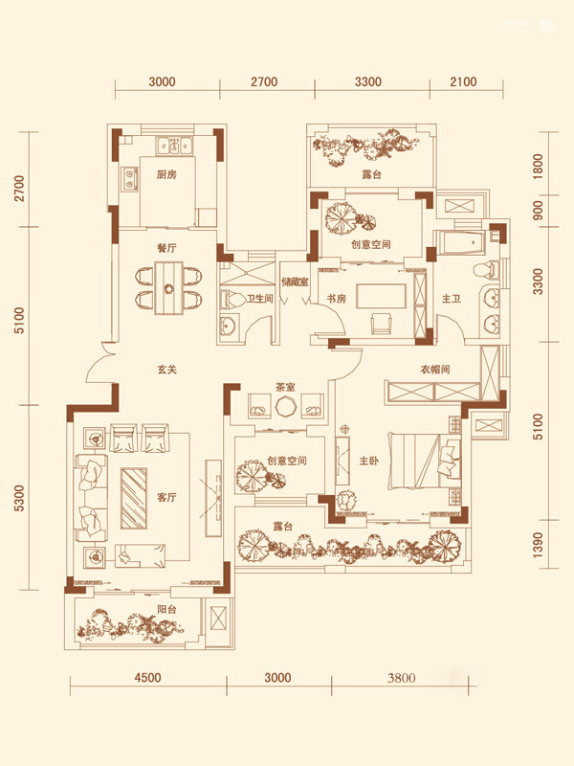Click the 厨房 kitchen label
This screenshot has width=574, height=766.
coord(166,174)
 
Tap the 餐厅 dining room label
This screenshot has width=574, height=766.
coord(166,248)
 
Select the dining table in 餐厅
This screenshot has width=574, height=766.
coord(169,288)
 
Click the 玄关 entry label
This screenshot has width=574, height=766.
coord(166,370)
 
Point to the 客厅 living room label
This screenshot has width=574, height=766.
coord(166,497)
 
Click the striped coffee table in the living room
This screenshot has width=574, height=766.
coord(134,498)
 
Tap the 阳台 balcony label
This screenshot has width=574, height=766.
coord(166,609)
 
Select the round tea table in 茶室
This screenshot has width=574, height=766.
coord(284,406)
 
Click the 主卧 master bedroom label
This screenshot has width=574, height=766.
coord(369,461)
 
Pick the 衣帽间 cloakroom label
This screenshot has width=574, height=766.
coord(435,370)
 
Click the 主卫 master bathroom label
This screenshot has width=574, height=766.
coord(451,298)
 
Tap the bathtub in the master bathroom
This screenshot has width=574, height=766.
coord(461,242)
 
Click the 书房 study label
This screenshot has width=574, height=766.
coord(337,298)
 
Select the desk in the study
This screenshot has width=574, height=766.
coord(381,296)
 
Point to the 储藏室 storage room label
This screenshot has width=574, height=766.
coord(295,282)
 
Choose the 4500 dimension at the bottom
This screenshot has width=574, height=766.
coord(147,678)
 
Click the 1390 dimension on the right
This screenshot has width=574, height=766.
coord(538,544)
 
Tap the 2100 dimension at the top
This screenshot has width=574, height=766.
coord(463,81)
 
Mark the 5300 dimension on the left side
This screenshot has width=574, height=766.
coord(19,498)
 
